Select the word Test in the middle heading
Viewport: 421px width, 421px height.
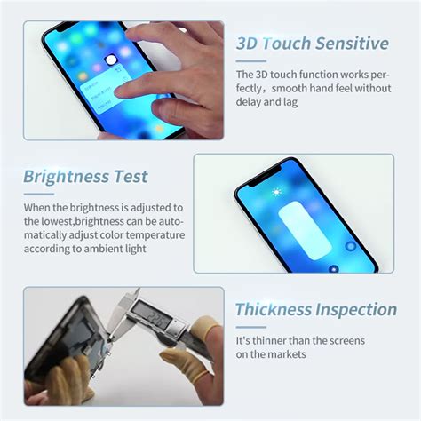pyautogui.click(x=129, y=177)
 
